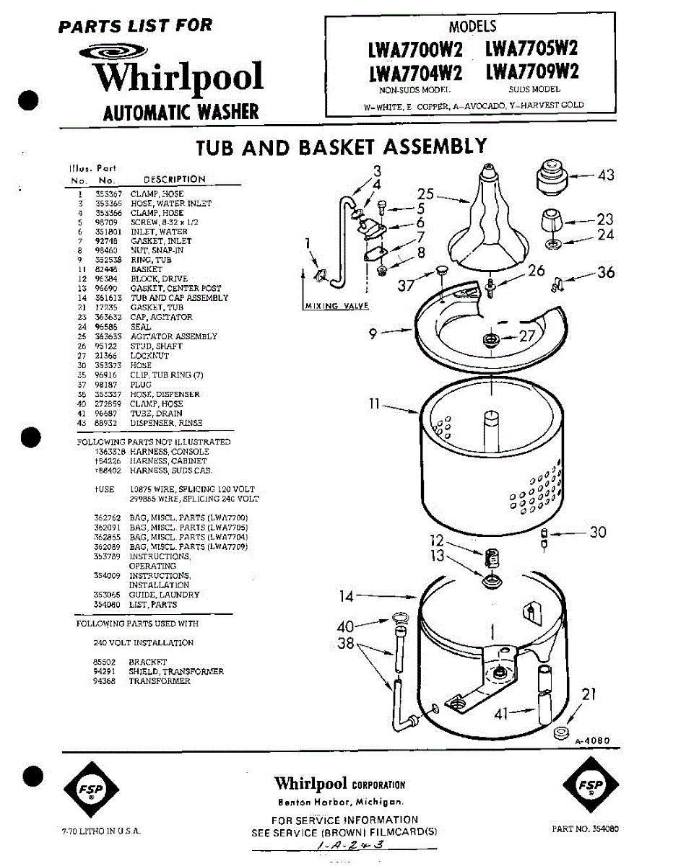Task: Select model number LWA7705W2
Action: tap(531, 49)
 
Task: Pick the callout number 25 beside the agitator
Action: tap(426, 193)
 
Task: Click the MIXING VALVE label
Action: tap(337, 306)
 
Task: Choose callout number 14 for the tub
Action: tap(347, 596)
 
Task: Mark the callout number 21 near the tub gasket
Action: tap(589, 694)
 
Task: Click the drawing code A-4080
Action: tap(593, 740)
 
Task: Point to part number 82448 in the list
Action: tap(105, 269)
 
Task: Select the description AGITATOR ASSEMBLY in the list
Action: tap(173, 336)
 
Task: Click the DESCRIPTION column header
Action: tap(174, 179)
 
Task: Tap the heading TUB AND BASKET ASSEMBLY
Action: tap(342, 147)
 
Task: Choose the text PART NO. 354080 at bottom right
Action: tap(585, 829)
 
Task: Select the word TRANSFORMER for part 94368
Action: tap(160, 681)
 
